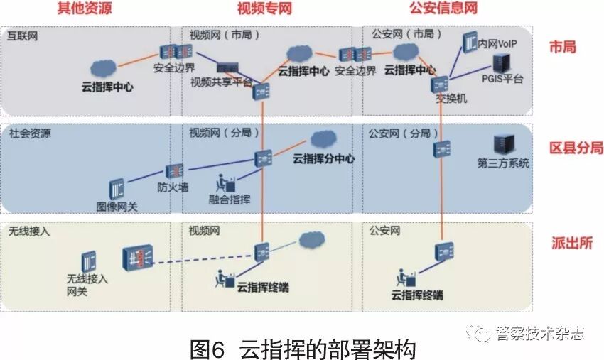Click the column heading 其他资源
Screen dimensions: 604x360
pyautogui.click(x=84, y=9)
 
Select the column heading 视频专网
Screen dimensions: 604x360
pyautogui.click(x=264, y=9)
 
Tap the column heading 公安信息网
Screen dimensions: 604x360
pyautogui.click(x=443, y=9)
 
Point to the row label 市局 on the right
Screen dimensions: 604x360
pyautogui.click(x=563, y=47)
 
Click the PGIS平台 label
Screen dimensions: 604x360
pyautogui.click(x=502, y=79)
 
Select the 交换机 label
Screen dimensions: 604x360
pyautogui.click(x=451, y=99)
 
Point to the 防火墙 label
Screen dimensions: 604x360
pyautogui.click(x=173, y=187)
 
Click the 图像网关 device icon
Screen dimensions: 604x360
pyautogui.click(x=116, y=190)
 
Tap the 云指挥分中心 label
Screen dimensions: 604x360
pyautogui.click(x=323, y=159)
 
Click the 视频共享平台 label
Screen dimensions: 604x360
pyautogui.click(x=221, y=82)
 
